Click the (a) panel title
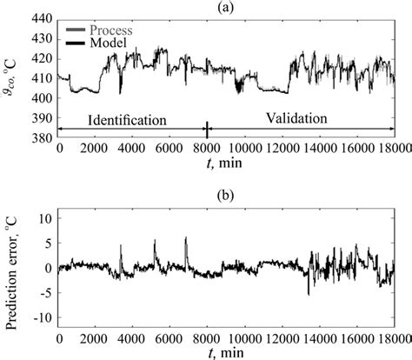pyautogui.click(x=226, y=7)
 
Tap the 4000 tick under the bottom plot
pyautogui.click(x=132, y=336)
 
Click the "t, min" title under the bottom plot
pyautogui.click(x=225, y=351)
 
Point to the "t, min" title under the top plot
pyautogui.click(x=225, y=162)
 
